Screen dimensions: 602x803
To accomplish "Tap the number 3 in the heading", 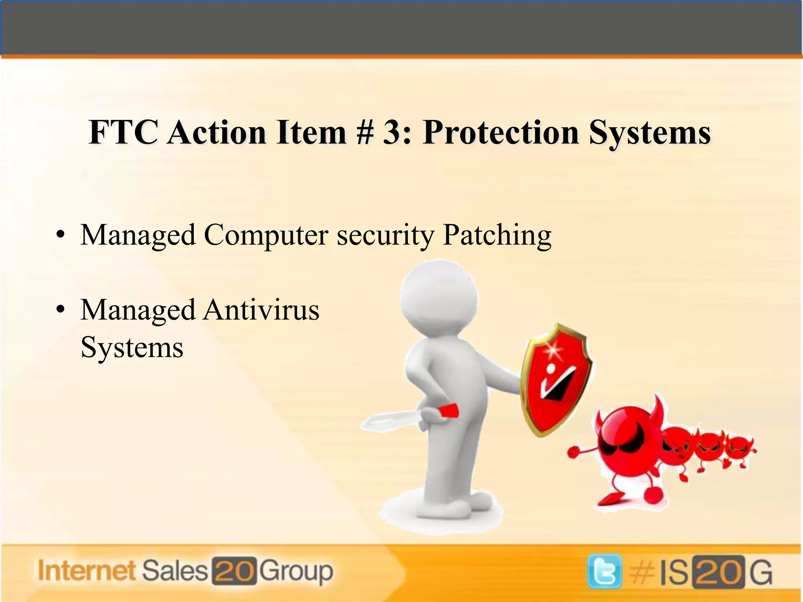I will tap(394, 132).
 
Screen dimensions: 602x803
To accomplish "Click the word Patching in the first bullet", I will tap(497, 236).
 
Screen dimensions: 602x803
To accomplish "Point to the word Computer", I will tap(266, 236).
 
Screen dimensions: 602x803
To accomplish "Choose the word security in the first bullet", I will tap(385, 236).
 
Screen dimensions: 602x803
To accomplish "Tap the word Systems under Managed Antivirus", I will tap(132, 348).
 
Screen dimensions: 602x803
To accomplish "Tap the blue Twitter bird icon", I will tap(604, 571).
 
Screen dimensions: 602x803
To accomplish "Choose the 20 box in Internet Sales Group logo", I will tap(234, 571).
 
